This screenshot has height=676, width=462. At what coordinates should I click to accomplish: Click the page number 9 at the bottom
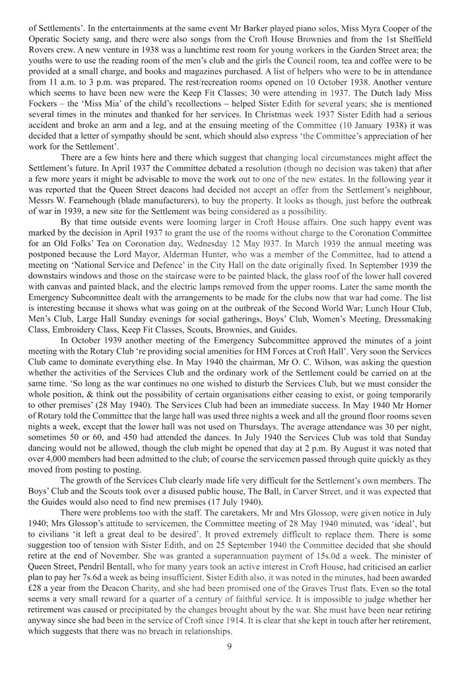(x=231, y=661)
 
